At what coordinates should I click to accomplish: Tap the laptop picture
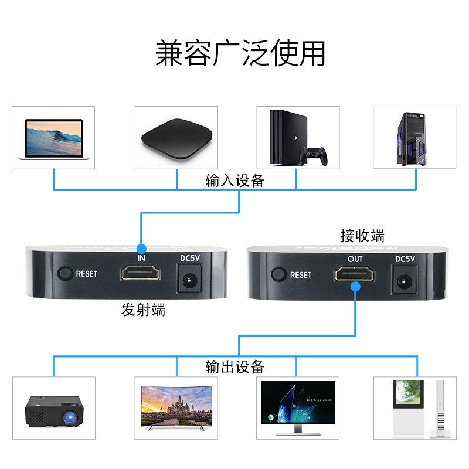click(x=53, y=138)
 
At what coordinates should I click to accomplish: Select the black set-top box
click(x=176, y=138)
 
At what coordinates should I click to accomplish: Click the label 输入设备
click(x=235, y=181)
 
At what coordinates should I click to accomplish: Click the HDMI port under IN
click(x=141, y=274)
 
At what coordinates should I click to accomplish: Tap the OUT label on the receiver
click(x=355, y=259)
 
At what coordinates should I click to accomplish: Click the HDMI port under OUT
click(x=355, y=274)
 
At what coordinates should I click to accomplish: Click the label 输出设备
click(x=235, y=367)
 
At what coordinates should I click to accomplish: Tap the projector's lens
click(x=71, y=418)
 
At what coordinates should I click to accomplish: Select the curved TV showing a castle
click(x=176, y=406)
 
